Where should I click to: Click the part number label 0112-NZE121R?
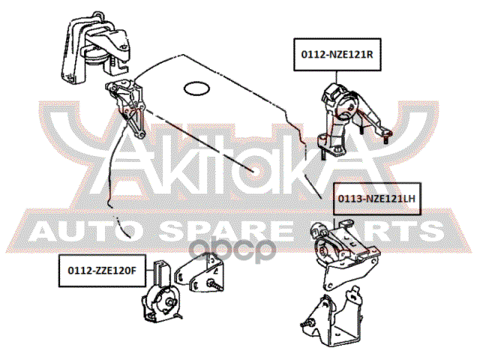pyautogui.click(x=337, y=55)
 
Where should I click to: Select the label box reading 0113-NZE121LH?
pyautogui.click(x=376, y=199)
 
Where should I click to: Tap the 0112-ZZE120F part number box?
pyautogui.click(x=102, y=271)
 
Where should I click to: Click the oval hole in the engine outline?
pyautogui.click(x=196, y=88)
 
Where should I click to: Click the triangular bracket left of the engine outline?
pyautogui.click(x=126, y=107)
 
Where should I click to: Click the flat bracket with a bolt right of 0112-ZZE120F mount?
pyautogui.click(x=199, y=273)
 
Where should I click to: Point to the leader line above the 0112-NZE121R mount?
pyautogui.click(x=337, y=77)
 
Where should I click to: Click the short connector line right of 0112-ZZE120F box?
pyautogui.click(x=150, y=271)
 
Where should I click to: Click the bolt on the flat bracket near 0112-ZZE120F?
pyautogui.click(x=215, y=285)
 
